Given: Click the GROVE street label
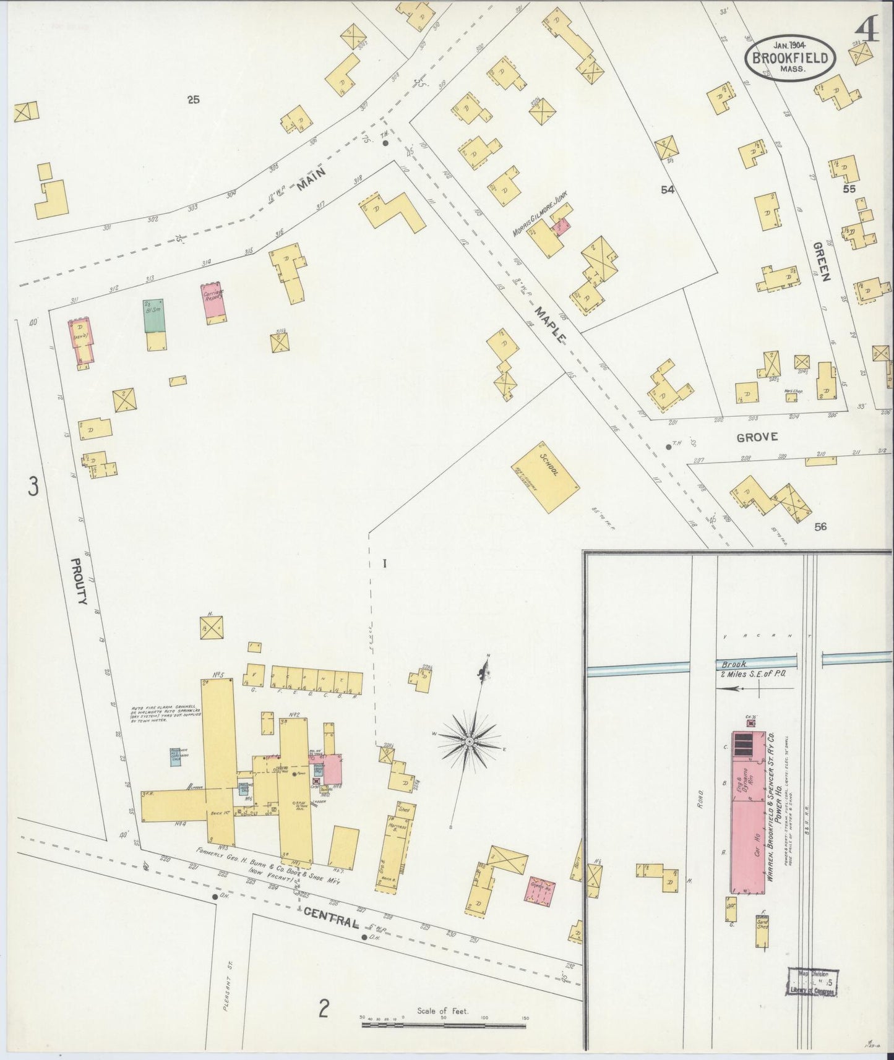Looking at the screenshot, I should click(757, 437).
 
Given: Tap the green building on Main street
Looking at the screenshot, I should click(153, 316).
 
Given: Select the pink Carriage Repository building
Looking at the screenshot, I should click(214, 304).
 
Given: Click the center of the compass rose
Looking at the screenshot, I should click(470, 740).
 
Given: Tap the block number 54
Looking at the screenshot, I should click(667, 190).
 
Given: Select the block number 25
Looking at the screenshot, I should click(194, 99).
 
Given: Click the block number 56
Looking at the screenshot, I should click(820, 527).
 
